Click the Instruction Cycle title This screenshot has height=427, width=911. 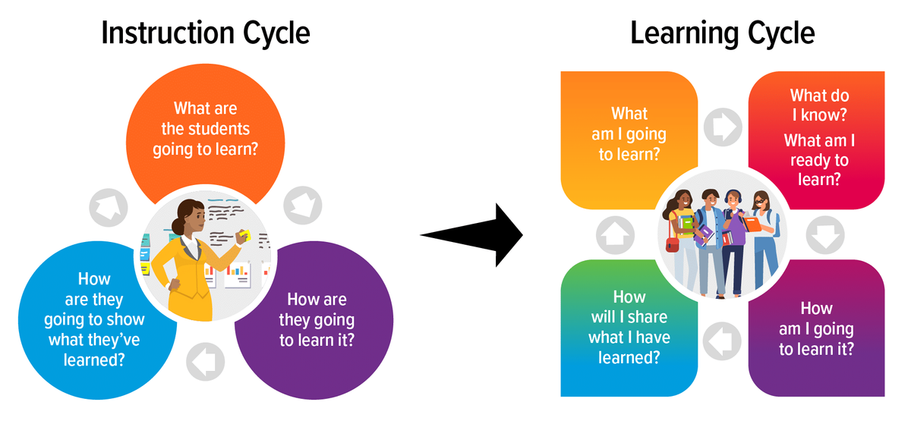point(206,33)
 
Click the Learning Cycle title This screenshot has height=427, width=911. point(723,33)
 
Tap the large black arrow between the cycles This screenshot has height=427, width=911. point(471,235)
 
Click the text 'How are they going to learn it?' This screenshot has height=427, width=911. point(317,320)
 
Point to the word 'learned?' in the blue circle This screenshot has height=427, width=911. point(94,360)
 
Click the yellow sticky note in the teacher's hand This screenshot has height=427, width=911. point(244,235)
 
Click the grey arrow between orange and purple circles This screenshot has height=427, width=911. point(303,206)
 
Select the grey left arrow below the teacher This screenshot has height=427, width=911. point(206,362)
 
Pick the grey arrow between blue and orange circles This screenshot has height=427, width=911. point(108,208)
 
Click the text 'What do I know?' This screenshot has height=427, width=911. point(819,105)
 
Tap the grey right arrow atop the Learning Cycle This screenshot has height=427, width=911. point(723,127)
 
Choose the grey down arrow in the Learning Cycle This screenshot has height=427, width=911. point(825,235)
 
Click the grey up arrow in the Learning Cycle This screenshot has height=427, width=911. point(615,235)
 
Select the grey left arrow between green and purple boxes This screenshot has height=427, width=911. point(722,341)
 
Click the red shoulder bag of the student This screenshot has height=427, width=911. point(673,244)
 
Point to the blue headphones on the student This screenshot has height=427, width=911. point(733,196)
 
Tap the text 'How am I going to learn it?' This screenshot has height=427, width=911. point(816,328)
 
